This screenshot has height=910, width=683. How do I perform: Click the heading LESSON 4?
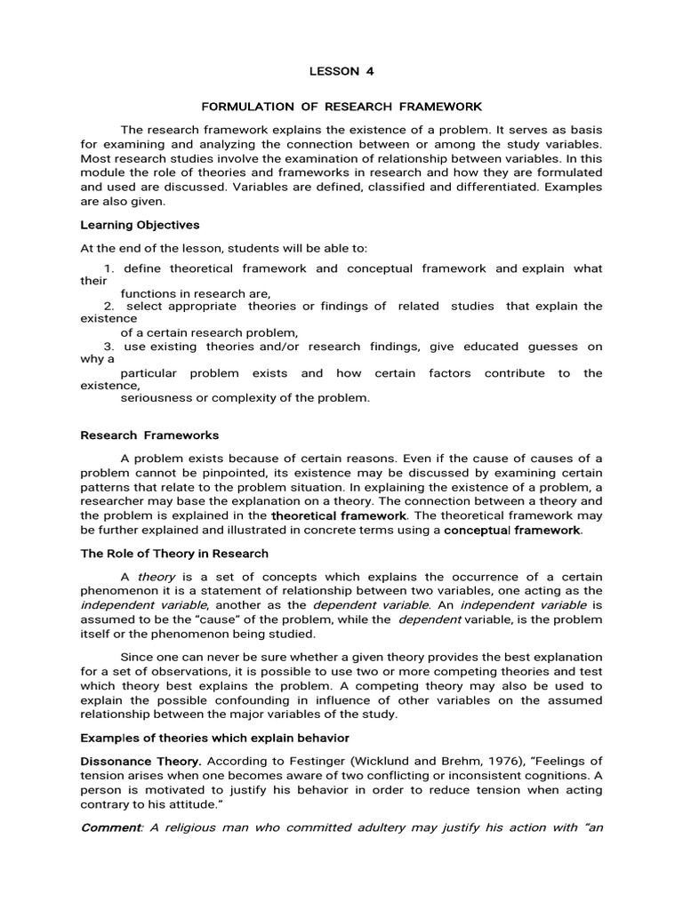[334, 71]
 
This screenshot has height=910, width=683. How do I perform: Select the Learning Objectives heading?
[140, 225]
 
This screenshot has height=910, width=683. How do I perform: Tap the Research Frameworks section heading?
[149, 435]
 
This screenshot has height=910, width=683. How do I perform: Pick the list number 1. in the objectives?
[109, 268]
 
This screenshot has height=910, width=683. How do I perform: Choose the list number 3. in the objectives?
[109, 347]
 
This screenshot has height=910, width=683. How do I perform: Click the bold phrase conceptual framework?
[512, 531]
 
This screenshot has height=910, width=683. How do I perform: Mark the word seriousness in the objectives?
[156, 397]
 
